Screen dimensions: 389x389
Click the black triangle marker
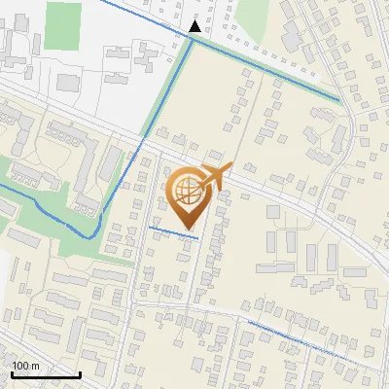coord(196,27)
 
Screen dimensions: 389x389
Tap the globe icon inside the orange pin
coord(187,188)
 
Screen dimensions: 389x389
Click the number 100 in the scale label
coord(21,365)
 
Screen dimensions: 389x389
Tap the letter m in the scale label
coord(37,365)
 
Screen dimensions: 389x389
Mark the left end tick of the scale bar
coord(13,374)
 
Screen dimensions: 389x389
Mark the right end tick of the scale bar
coord(80,374)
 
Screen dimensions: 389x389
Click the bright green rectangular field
coord(61,24)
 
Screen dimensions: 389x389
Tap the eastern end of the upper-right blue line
coord(339,99)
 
